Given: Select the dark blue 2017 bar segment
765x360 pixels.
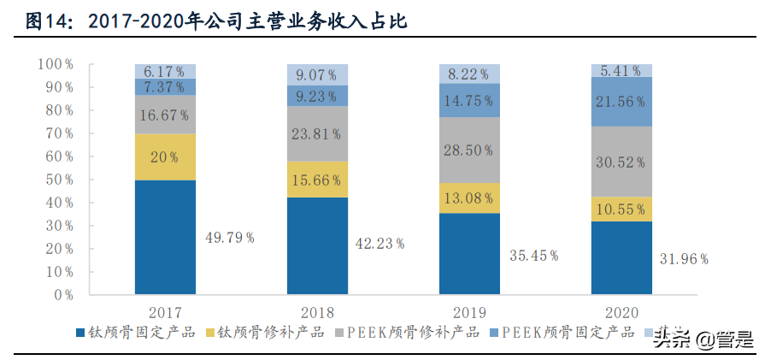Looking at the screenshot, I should click(x=165, y=237).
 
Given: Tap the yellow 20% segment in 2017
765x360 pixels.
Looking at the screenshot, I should click(x=165, y=156).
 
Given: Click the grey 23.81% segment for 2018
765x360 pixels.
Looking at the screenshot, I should click(x=317, y=133).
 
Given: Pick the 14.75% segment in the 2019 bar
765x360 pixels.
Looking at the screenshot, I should click(x=469, y=100).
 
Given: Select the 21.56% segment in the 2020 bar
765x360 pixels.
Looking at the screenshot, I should click(x=621, y=101).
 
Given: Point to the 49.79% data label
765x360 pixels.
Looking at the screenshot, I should click(x=229, y=238).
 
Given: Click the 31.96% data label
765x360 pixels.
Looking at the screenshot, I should click(x=684, y=258).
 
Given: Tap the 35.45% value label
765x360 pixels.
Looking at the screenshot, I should click(x=533, y=255).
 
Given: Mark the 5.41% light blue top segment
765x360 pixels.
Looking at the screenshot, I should click(x=621, y=70).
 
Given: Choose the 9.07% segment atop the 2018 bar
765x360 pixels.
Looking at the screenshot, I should click(x=317, y=74).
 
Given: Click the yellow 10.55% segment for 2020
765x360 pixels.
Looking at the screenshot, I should click(x=621, y=209).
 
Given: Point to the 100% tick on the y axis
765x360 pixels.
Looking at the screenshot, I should click(x=56, y=64).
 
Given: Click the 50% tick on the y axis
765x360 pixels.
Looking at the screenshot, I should click(x=59, y=180).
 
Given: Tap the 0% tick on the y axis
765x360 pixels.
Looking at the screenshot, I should click(x=62, y=295).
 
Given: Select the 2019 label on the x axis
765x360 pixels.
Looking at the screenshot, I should click(x=469, y=312).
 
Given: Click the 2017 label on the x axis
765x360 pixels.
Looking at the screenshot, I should click(x=165, y=312).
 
